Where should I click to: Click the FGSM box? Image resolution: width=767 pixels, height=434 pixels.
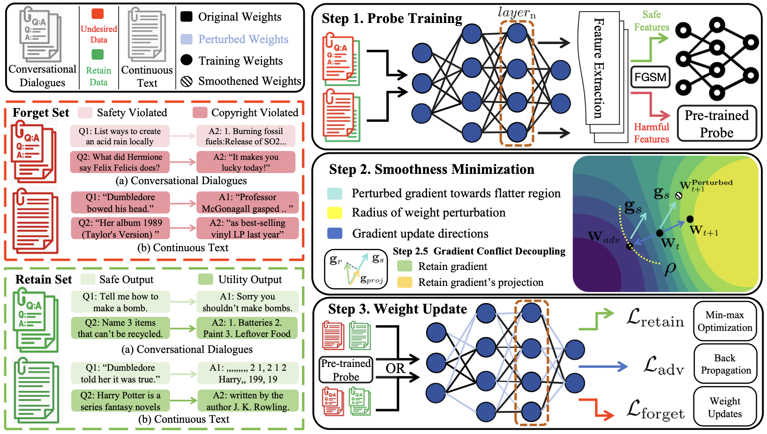click(650, 77)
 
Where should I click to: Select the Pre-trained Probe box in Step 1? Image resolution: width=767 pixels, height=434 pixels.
click(716, 124)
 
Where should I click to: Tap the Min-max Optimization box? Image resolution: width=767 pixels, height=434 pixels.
click(725, 322)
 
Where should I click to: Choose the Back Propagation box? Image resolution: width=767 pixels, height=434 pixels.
click(725, 364)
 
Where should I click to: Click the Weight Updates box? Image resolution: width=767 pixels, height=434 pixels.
click(725, 407)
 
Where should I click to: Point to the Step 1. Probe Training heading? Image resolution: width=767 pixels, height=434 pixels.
click(392, 18)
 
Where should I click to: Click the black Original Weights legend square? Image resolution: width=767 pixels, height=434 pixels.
click(187, 16)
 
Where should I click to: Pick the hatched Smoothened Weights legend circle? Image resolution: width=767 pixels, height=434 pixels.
click(187, 82)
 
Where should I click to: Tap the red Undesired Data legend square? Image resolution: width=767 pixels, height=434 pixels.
click(98, 14)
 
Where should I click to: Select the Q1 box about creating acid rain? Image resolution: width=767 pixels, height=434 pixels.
click(120, 136)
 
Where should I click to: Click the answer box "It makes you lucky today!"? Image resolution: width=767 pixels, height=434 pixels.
click(246, 162)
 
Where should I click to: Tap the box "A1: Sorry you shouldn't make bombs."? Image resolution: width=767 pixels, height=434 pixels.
click(247, 302)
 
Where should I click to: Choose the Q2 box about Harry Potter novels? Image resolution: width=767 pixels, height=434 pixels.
click(120, 401)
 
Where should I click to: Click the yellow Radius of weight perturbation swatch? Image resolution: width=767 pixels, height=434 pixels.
click(334, 213)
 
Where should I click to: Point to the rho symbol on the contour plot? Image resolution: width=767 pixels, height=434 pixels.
click(670, 269)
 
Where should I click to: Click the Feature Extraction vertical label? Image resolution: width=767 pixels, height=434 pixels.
click(599, 68)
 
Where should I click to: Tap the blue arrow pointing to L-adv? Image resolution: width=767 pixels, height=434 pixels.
click(603, 367)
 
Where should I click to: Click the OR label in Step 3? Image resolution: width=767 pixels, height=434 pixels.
click(395, 368)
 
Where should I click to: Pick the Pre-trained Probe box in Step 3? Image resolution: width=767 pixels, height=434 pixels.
click(346, 370)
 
